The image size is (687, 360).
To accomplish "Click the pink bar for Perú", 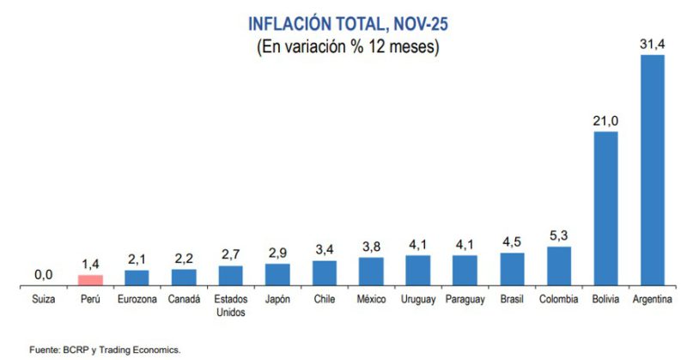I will pos(90,279).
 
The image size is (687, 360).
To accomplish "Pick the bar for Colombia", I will pos(558,265).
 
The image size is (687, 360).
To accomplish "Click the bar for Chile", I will pos(324,272).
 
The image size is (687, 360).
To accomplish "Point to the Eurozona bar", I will pos(137,277).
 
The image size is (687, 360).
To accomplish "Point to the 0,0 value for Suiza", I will pos(44,274).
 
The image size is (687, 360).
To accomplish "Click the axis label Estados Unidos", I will pos(230,306).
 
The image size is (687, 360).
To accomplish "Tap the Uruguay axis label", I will pos(417,300).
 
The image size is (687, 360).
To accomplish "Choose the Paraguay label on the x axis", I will pos(465,300).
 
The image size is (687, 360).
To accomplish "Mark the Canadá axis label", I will pos(184,300).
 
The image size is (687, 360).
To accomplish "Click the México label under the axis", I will pos(371,300).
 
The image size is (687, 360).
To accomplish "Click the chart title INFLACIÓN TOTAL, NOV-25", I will pos(348,23).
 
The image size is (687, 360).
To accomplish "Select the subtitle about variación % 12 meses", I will pos(348,48).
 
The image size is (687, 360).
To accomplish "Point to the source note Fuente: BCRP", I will pos(104,350).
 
